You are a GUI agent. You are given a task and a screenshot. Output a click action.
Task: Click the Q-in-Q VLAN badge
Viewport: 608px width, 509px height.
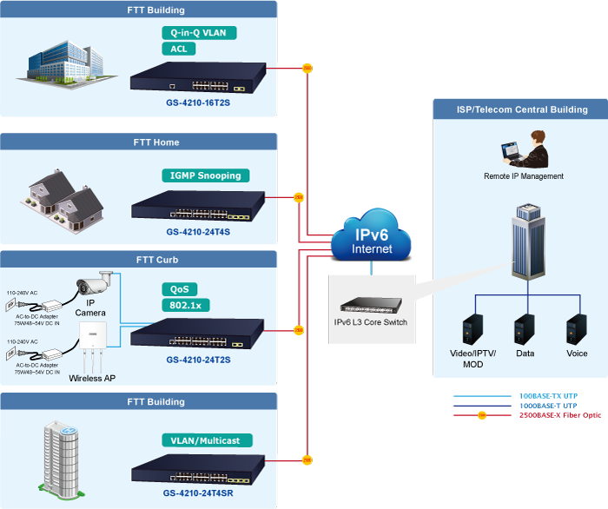pos(199,33)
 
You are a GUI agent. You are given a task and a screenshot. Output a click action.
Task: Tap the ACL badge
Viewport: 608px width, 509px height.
pos(179,49)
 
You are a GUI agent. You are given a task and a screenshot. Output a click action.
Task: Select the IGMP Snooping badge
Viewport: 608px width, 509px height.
pos(206,175)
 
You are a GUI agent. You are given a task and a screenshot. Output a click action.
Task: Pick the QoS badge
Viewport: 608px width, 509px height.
pos(179,289)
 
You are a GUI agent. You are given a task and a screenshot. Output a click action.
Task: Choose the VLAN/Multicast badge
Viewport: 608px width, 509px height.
pos(206,440)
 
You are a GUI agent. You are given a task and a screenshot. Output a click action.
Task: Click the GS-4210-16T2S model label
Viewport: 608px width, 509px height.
pos(198,102)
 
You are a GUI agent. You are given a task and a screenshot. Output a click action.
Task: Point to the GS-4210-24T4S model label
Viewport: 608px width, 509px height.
pos(198,232)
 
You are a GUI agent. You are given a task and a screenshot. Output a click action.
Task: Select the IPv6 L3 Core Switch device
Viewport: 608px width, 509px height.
pos(371,305)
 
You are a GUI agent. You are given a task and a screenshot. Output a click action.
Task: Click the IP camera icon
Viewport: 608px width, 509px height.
pos(95,283)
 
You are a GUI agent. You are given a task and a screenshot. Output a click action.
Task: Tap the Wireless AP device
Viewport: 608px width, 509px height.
pos(91,344)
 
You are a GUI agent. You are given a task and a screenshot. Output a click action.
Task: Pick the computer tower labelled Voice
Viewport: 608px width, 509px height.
pos(576,329)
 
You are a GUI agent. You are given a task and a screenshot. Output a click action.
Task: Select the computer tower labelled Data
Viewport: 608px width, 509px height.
pos(524,329)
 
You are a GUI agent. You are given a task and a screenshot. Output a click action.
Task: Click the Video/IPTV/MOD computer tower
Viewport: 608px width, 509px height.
pos(473,329)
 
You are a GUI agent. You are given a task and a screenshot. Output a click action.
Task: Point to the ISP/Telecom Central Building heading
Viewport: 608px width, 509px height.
pos(522,109)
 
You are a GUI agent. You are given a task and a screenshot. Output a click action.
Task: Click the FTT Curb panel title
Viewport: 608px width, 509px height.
pos(156,260)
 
